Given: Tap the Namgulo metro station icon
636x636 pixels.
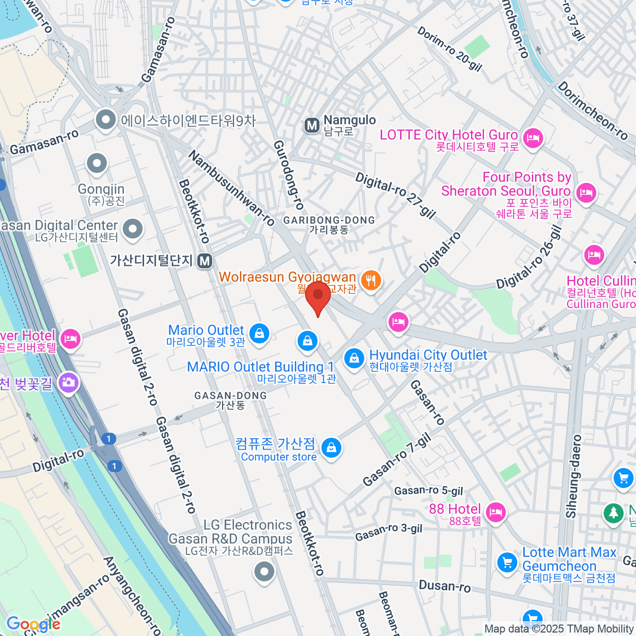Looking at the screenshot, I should coord(312,126).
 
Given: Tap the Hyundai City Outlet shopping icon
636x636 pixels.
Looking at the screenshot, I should coord(354,358).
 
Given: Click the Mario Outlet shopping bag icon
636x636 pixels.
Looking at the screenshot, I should coord(259,334).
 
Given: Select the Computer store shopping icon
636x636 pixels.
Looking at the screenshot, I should coord(331,448).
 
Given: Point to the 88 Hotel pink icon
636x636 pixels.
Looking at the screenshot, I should coord(495,512).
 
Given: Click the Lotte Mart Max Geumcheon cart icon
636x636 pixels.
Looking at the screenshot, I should coord(507,562).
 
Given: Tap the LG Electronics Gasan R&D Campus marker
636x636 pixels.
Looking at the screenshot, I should coord(264,572).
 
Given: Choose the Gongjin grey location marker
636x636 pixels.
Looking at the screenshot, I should coord(97,164).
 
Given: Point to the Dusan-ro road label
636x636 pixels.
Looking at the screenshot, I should coord(444,586).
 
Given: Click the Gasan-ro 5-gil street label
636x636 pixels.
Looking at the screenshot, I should coord(428,491).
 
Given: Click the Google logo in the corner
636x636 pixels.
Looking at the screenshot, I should coord(33,624).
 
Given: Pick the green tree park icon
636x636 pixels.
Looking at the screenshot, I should coord(613,513).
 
